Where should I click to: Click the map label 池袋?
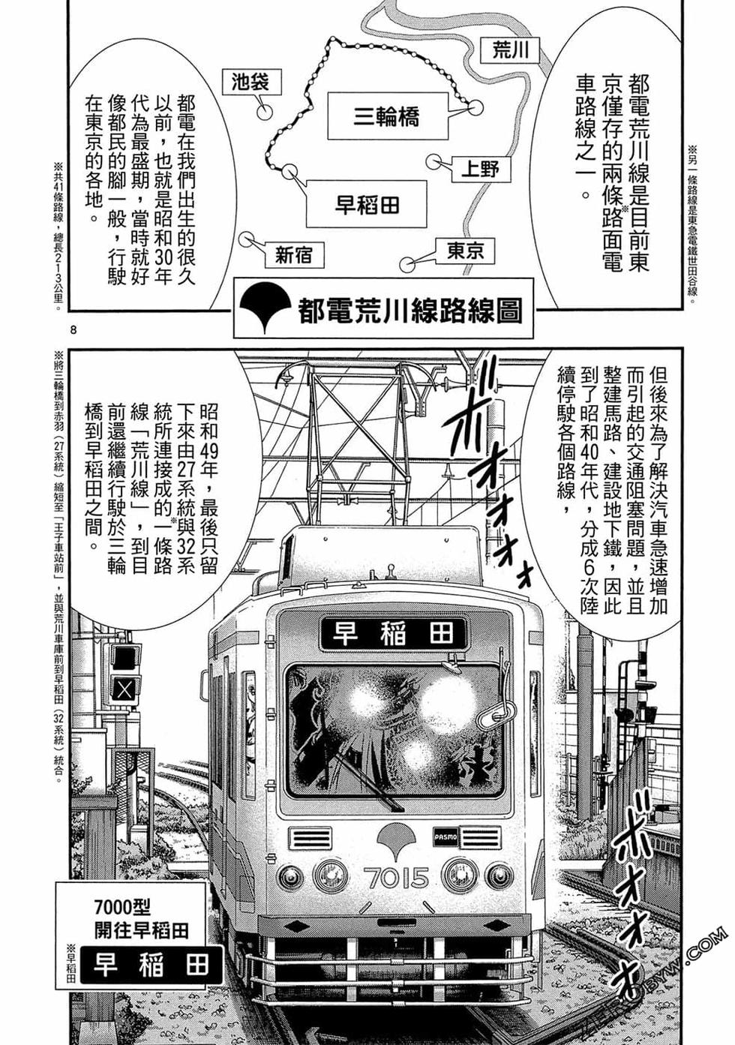tap(250, 82)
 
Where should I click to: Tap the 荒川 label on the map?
tap(511, 50)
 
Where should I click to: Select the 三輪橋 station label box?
tap(386, 116)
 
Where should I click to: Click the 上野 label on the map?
tap(480, 168)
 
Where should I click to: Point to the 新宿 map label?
tap(292, 255)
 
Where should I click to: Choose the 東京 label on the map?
tap(466, 251)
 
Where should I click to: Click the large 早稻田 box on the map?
tap(367, 204)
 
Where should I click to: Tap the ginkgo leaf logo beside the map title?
tap(262, 310)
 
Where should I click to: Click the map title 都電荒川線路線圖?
tap(409, 311)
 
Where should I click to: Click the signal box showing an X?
tap(124, 689)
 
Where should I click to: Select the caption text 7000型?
tap(123, 908)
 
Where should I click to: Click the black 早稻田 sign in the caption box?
tap(151, 965)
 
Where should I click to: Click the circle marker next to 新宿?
tap(245, 239)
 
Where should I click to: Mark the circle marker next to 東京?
tap(406, 264)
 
